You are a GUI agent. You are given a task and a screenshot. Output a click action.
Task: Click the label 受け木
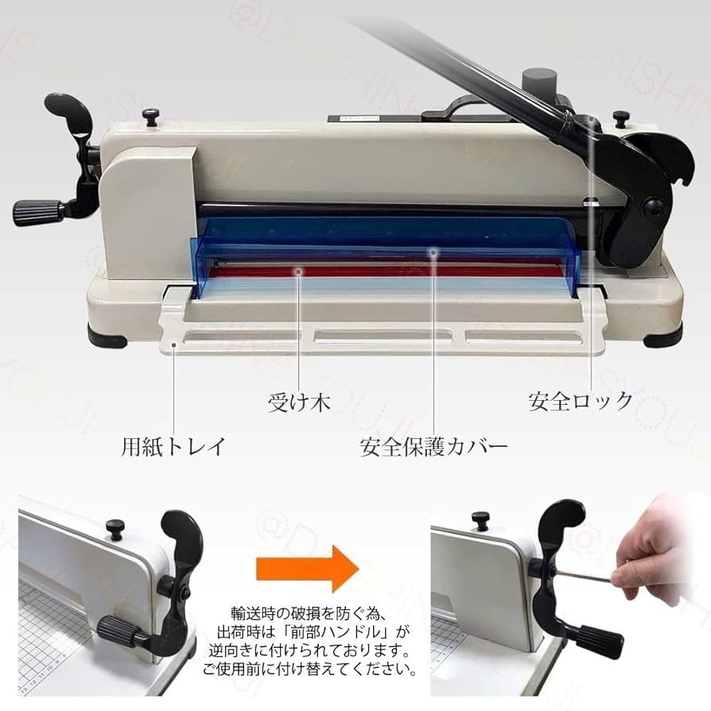[299, 402]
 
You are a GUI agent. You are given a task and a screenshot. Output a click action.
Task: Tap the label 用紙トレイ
[173, 446]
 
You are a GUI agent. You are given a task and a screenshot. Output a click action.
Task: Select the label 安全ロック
[581, 402]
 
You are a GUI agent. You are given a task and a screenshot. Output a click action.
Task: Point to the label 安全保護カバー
[434, 447]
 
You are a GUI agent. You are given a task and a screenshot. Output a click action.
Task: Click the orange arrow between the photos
[308, 569]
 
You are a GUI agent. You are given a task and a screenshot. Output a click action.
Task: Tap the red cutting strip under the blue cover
[386, 271]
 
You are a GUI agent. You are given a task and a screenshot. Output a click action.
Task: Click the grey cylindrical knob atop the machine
[538, 84]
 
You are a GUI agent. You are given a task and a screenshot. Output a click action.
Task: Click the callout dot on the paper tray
[173, 344]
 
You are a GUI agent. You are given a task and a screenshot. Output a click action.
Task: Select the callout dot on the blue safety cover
[434, 251]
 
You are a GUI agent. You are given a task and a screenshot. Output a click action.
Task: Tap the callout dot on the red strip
[298, 271]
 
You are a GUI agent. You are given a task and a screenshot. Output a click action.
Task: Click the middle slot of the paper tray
[383, 336]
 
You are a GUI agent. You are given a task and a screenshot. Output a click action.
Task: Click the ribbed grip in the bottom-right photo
[600, 642]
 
